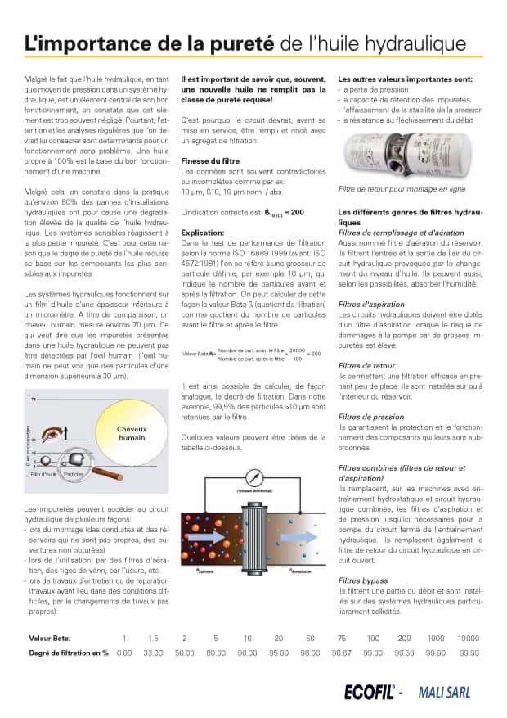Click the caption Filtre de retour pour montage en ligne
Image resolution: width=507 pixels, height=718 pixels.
coord(402,188)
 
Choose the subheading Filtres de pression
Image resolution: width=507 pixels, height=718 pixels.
coord(370,417)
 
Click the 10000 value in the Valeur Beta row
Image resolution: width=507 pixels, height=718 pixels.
coord(468,638)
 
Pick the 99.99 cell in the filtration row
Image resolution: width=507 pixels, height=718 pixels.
coord(469,653)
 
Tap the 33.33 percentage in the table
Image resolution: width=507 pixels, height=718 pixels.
coord(153,653)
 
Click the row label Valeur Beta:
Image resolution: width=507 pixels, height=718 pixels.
coord(50,638)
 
